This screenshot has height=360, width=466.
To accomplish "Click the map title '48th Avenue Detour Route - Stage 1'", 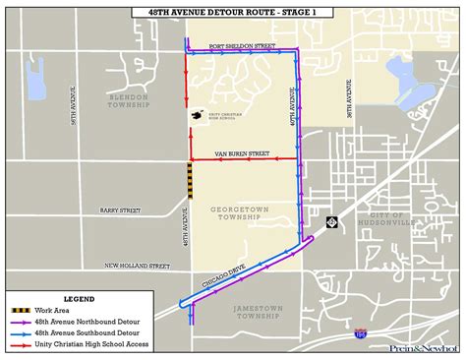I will [x=233, y=12].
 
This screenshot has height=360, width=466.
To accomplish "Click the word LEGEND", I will [x=79, y=298].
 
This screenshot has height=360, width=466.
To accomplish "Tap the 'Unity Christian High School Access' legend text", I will [x=96, y=343].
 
